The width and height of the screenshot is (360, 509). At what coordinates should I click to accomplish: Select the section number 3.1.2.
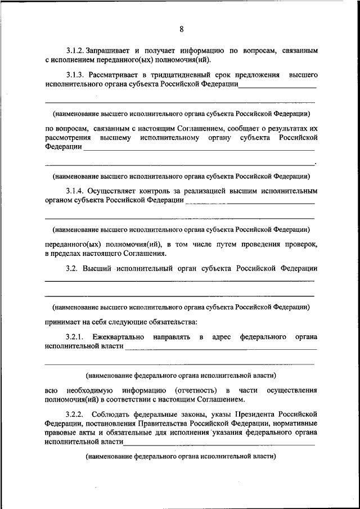[75, 51]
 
